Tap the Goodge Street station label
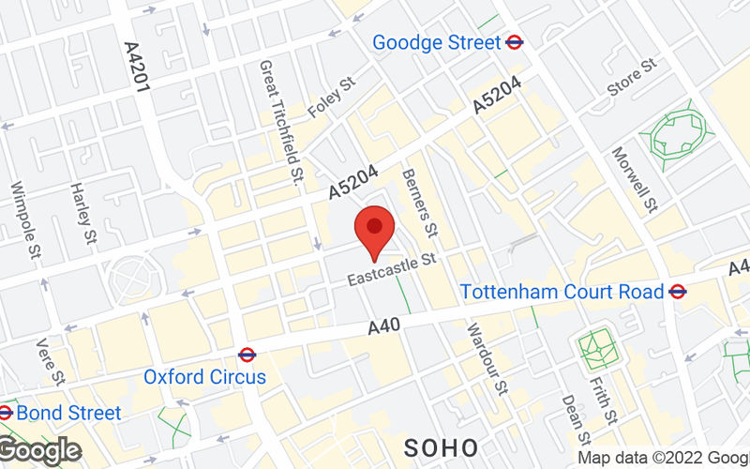[x=436, y=42]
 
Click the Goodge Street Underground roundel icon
[x=514, y=42]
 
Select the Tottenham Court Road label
[x=562, y=292]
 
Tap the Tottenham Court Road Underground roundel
[x=677, y=292]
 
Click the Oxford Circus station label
[x=204, y=377]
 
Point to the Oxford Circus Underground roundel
[x=247, y=355]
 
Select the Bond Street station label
[x=68, y=413]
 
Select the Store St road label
[x=632, y=79]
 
